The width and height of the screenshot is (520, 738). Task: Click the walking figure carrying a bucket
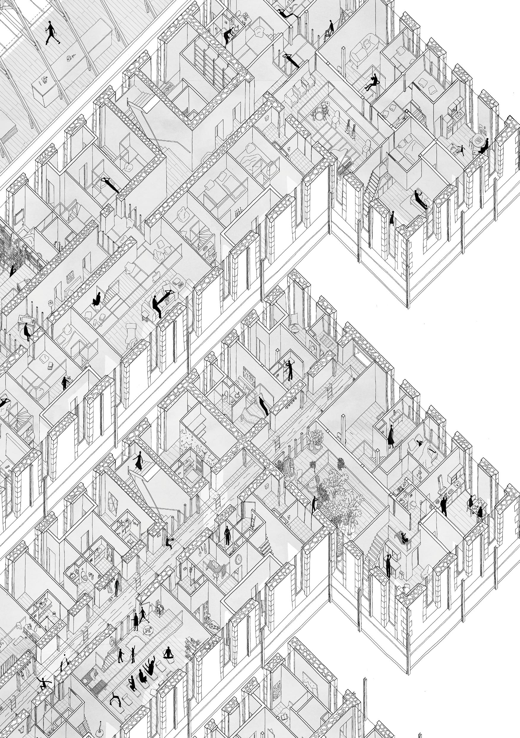point(49,32)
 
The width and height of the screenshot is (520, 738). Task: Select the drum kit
point(319,113)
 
